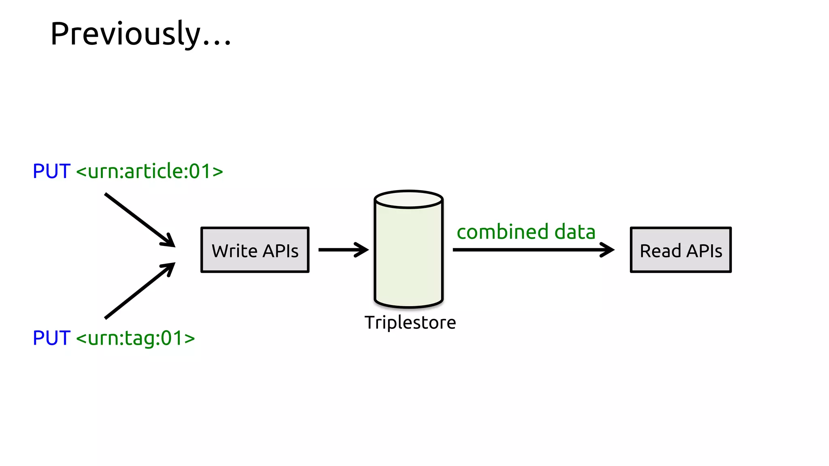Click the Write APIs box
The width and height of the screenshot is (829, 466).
tap(255, 250)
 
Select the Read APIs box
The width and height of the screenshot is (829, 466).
tap(680, 250)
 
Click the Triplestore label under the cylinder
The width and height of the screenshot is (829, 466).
tap(410, 323)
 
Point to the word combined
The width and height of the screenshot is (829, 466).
tap(502, 232)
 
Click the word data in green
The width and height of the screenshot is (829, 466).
tap(575, 232)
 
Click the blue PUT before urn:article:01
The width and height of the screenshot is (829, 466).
tap(51, 171)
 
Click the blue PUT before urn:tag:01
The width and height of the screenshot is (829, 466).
tap(51, 338)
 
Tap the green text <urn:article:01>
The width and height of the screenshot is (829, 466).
tap(149, 171)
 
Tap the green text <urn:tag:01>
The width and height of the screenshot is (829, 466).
tap(135, 338)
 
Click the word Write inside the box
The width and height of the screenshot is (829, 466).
tap(234, 251)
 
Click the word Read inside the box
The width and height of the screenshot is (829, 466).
tap(660, 251)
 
